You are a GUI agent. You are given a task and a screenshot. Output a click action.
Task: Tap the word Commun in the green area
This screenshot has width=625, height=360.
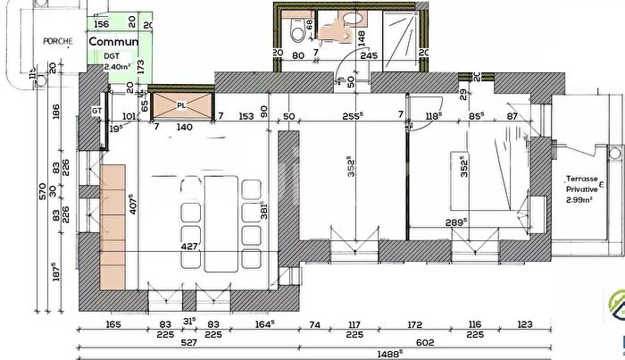click(x=113, y=42)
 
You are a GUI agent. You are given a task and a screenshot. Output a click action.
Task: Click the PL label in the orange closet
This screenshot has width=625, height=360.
click(x=182, y=105)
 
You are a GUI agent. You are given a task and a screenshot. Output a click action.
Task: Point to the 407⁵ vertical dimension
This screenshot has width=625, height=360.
click(x=130, y=204)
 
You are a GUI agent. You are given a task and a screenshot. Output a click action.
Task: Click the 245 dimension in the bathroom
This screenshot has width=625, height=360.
click(x=368, y=53)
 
